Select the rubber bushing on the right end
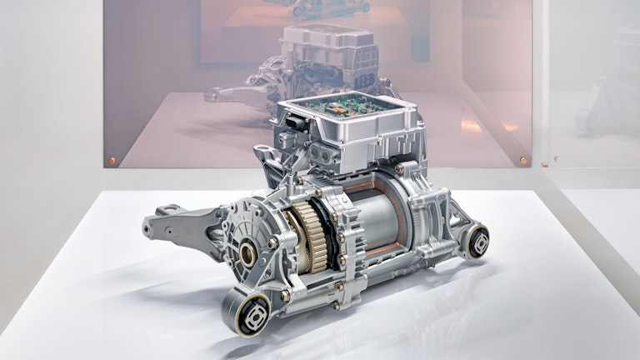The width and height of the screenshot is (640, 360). pos(477,241)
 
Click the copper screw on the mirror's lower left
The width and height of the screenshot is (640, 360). pos(112,159)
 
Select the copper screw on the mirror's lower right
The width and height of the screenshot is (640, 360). pos(522,158)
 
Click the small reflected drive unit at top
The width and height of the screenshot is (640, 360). pos(329,7)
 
